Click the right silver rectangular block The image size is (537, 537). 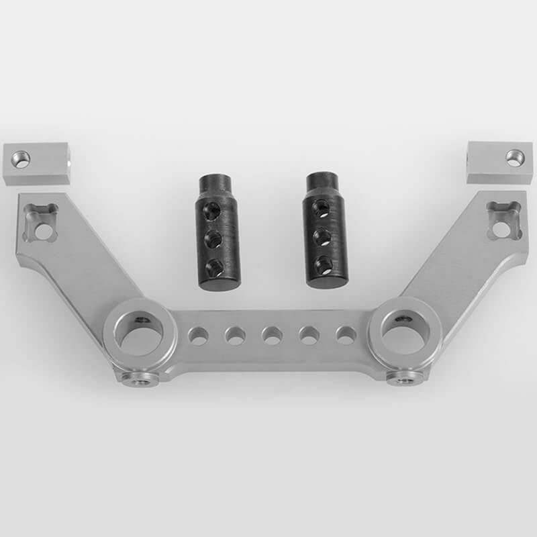[x=499, y=162]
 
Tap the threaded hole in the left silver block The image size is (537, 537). [x=21, y=160]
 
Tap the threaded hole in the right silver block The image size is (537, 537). [x=514, y=158]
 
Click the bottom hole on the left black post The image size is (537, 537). [x=215, y=269]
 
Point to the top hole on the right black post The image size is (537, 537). [x=322, y=209]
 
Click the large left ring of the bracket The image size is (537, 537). [x=139, y=333]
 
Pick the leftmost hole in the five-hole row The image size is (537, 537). [x=198, y=336]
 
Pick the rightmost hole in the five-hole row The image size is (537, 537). [x=346, y=334]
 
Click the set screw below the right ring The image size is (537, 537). [x=403, y=380]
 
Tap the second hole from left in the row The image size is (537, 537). [x=235, y=336]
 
